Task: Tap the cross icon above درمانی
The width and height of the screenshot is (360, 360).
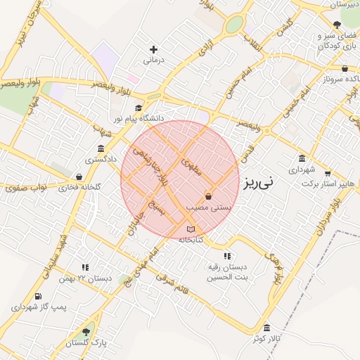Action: tap(153, 49)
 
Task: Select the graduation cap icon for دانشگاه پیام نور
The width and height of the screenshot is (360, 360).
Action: tap(139, 108)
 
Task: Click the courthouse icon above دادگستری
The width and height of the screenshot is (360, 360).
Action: tap(101, 148)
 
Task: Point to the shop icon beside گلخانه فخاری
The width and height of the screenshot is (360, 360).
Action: tap(79, 176)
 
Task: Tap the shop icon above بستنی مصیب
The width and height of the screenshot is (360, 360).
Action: tap(208, 196)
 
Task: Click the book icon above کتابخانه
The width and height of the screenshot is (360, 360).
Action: tap(191, 229)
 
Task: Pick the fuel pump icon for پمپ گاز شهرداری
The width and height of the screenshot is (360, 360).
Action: tap(38, 296)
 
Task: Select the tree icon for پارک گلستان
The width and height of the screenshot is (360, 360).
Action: tap(86, 331)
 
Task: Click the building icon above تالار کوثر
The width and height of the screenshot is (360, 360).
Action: tap(266, 328)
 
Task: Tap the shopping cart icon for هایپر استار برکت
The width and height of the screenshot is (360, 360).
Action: tap(327, 172)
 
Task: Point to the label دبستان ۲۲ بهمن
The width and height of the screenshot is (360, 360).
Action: tap(86, 278)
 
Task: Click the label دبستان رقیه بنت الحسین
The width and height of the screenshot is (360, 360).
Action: tap(226, 271)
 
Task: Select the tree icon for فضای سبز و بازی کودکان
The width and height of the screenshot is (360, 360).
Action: tap(337, 24)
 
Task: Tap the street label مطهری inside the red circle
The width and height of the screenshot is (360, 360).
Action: tap(191, 166)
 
